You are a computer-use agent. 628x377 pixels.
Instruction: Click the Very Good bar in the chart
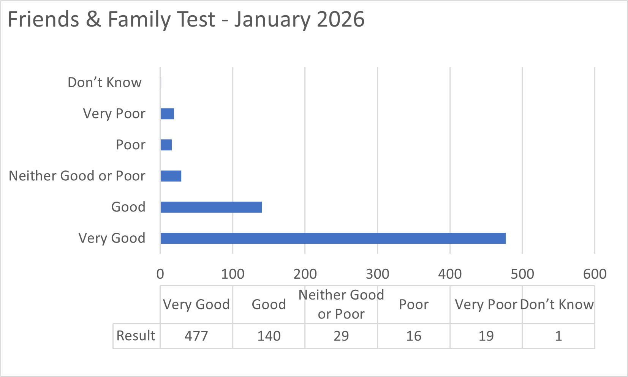(333, 238)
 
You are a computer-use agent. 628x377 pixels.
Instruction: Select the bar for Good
(211, 207)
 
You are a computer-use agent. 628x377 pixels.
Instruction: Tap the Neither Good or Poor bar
(171, 176)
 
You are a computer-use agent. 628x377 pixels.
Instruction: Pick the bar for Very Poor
(167, 114)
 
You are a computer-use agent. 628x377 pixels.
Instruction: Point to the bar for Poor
(166, 145)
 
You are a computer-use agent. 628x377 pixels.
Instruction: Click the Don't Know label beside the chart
(104, 82)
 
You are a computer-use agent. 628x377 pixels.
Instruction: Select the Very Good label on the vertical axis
(112, 238)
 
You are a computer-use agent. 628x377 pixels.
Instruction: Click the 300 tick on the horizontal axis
(377, 274)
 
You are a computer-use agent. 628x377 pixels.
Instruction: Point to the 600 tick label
(595, 274)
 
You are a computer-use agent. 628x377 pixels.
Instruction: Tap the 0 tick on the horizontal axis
(160, 274)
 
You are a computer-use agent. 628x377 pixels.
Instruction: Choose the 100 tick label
(233, 274)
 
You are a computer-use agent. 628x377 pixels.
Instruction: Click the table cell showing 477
(196, 336)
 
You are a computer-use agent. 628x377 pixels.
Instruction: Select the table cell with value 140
(269, 336)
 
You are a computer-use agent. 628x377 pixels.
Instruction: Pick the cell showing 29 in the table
(341, 336)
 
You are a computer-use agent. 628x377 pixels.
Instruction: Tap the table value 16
(414, 336)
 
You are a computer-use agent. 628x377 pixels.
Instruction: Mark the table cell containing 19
(486, 336)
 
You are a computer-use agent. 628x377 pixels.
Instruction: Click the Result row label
(136, 336)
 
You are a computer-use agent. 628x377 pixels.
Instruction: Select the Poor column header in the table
(414, 304)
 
